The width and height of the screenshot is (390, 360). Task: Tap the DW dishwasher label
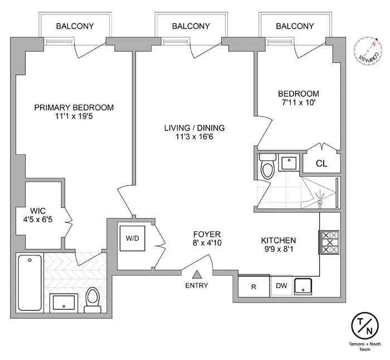281,286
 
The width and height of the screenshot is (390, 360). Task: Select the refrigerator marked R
253,286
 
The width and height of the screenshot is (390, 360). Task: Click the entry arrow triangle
198,274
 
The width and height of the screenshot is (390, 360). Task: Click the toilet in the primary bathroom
92,299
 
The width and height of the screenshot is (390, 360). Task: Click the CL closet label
321,164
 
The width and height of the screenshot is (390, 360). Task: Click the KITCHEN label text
279,240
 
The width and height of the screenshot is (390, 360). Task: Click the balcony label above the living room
191,26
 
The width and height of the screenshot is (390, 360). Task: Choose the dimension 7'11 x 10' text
299,103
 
